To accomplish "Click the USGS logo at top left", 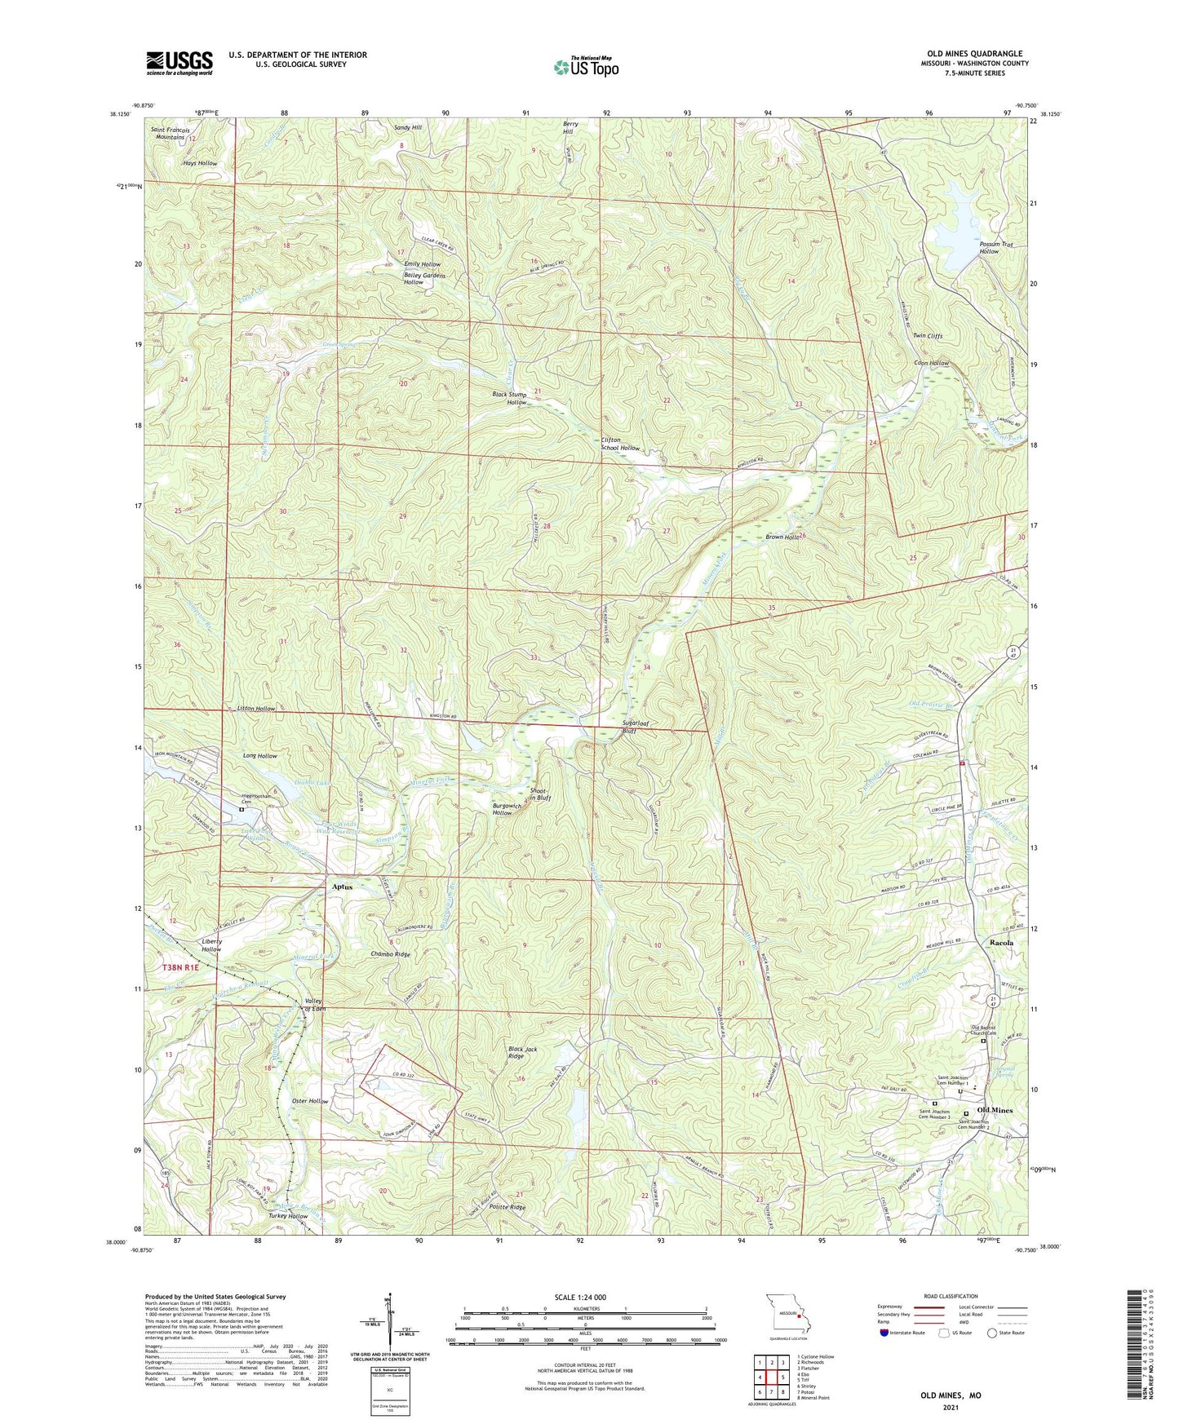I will coord(180,62).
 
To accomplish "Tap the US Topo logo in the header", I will coord(585,67).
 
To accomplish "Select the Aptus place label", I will coord(342,887).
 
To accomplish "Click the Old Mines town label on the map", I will coord(995,1110).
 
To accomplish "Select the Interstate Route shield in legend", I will coord(884,1333).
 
